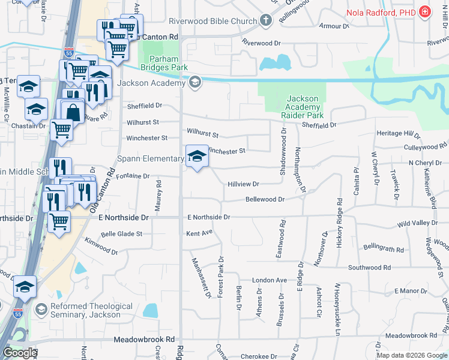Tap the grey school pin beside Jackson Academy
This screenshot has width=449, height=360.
pyautogui.click(x=195, y=83)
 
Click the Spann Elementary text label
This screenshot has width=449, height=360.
pyautogui.click(x=150, y=158)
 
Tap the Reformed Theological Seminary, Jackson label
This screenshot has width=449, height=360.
pyautogui.click(x=92, y=311)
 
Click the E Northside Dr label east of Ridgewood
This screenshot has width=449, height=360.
pyautogui.click(x=208, y=217)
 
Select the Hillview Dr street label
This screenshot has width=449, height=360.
pyautogui.click(x=243, y=184)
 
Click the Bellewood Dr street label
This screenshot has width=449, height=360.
pyautogui.click(x=265, y=199)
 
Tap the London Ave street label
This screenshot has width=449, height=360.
pyautogui.click(x=270, y=280)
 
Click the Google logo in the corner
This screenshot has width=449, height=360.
pyautogui.click(x=19, y=353)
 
